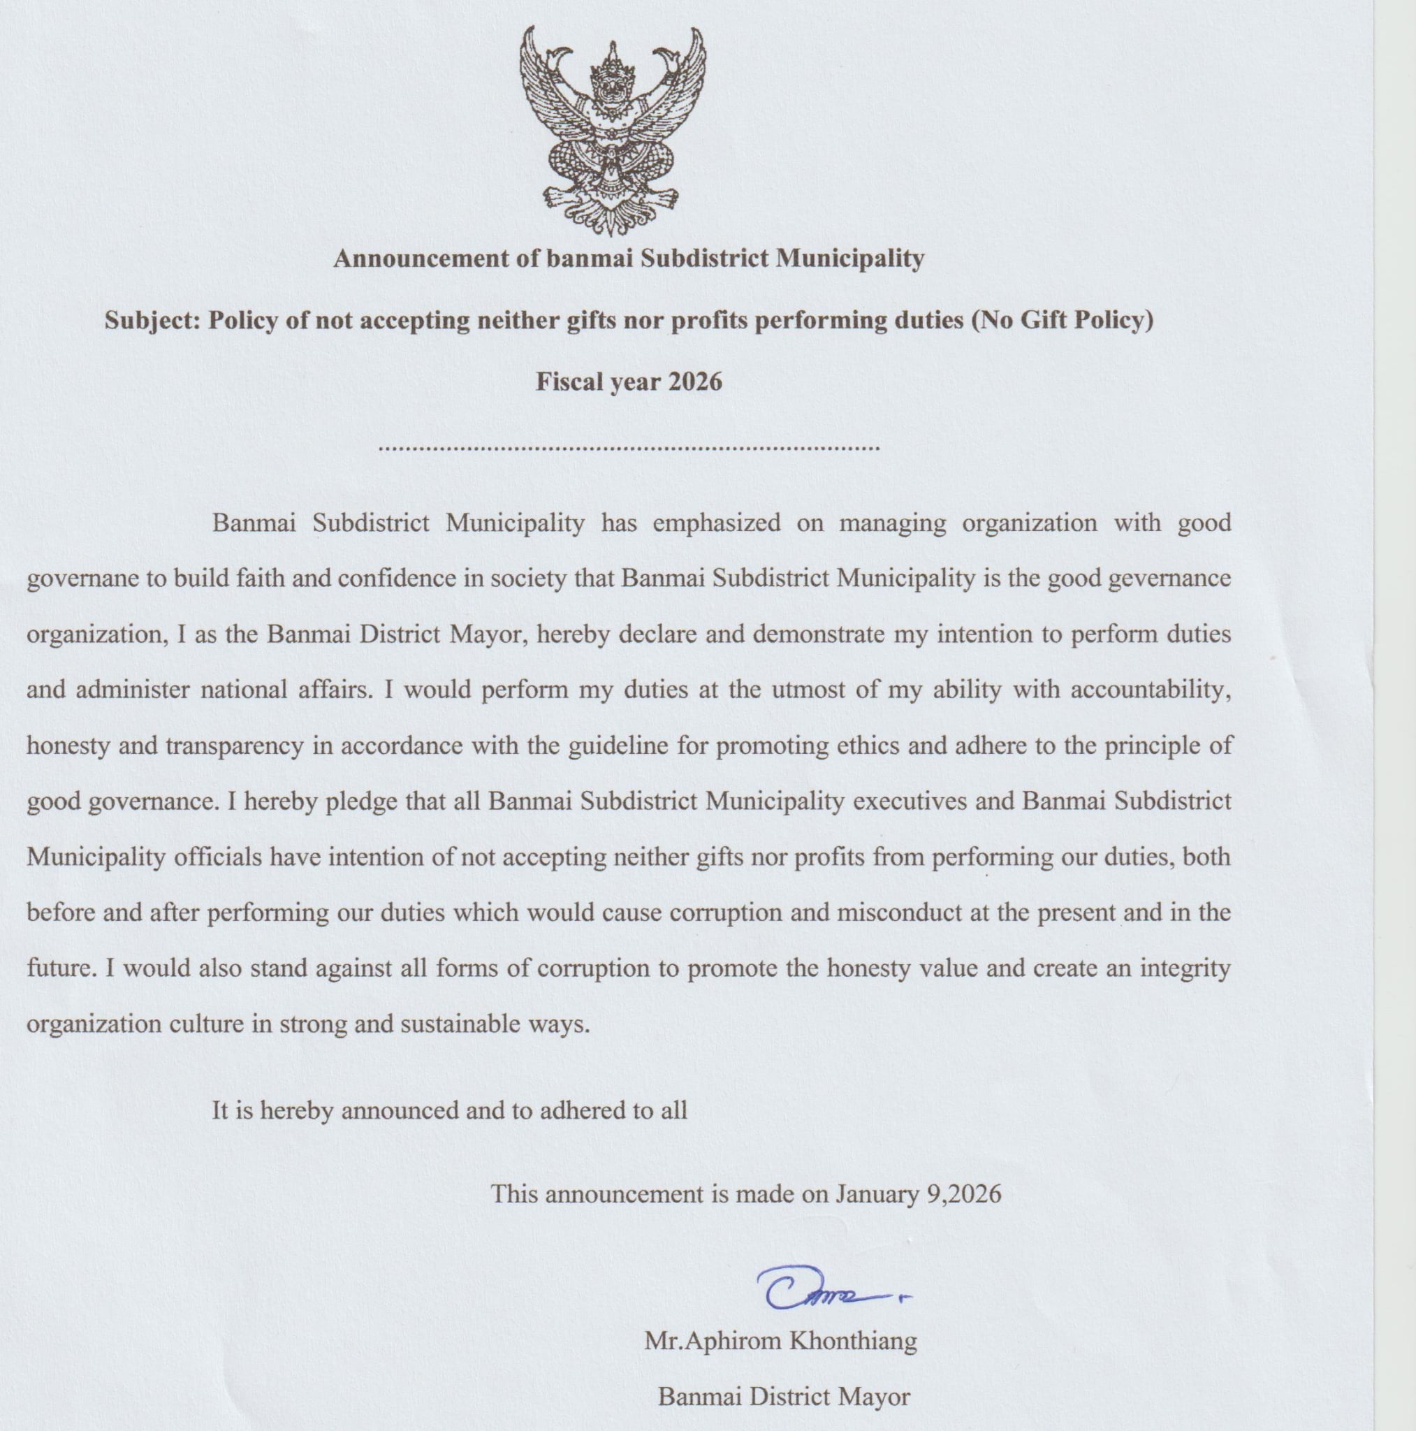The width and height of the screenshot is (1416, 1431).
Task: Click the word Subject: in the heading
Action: tap(152, 321)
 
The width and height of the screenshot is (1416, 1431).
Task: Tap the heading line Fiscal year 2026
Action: tap(629, 382)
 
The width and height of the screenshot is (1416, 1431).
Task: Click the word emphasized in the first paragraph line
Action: tap(716, 523)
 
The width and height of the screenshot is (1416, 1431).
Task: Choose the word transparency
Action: tap(234, 746)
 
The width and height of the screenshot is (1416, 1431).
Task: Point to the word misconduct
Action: tap(899, 913)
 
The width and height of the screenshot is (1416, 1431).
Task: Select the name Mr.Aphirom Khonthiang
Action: tap(780, 1341)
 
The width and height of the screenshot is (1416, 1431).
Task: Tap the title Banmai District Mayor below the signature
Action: tap(784, 1397)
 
